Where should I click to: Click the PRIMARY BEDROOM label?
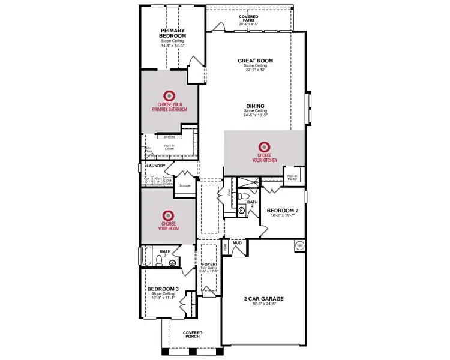pos(171,33)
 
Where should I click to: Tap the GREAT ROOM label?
pos(255,60)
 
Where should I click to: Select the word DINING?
pos(255,106)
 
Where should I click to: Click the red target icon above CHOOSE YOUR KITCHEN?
pos(265,146)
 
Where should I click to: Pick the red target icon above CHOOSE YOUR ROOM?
pos(168,214)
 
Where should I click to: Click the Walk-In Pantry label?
pos(292,177)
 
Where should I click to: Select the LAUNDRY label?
pos(155,166)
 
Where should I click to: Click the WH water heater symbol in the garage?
pos(299,245)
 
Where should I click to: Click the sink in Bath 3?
pos(172,262)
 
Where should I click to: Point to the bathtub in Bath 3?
pos(146,257)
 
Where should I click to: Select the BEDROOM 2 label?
pos(283,210)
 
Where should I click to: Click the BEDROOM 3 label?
pos(163,289)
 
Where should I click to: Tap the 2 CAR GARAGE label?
pos(263,298)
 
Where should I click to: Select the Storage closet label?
pos(185,185)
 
